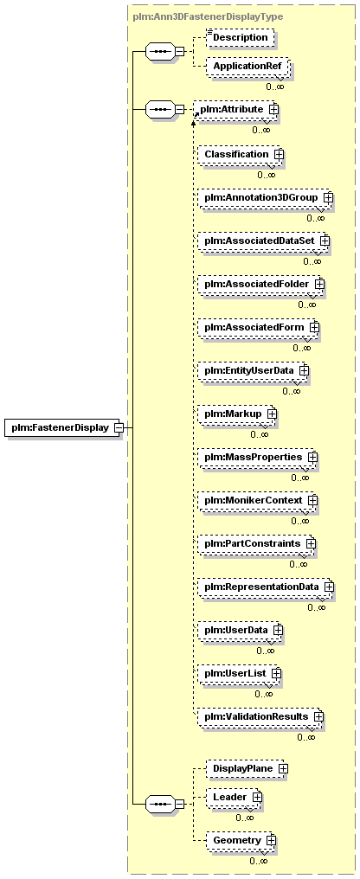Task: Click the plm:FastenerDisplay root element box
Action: pos(61,427)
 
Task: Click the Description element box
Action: pos(241,37)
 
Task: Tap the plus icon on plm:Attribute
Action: pos(273,109)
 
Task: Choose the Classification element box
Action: pos(238,154)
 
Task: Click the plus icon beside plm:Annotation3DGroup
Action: pos(328,198)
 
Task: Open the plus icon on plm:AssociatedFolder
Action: pos(319,285)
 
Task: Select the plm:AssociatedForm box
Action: pos(258,327)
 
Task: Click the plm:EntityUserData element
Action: pos(253,370)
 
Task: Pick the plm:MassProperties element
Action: pos(257,458)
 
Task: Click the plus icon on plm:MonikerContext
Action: pos(312,500)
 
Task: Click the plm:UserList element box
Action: pos(240,673)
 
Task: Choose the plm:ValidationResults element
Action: pos(260,716)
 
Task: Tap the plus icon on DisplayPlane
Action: pos(283,768)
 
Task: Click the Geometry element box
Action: pos(241,841)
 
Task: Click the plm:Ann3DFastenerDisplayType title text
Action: pos(208,16)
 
